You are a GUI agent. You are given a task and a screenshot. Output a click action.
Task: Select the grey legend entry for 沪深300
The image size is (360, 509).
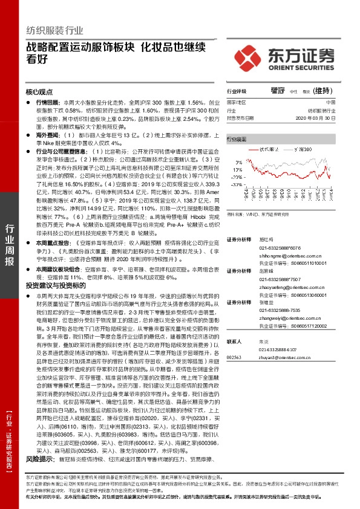pos(306,148)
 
